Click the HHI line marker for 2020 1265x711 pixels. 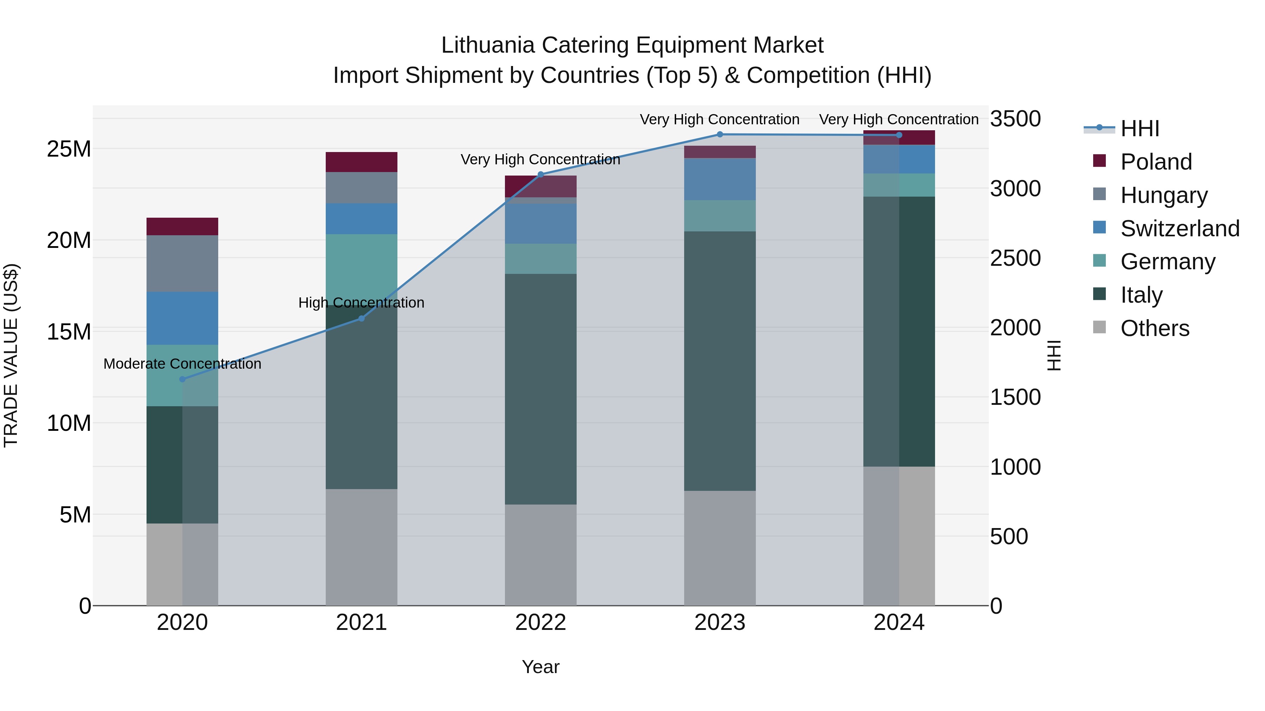point(182,379)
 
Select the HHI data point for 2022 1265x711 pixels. point(541,174)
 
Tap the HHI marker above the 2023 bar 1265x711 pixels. point(720,134)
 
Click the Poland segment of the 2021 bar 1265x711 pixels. point(362,162)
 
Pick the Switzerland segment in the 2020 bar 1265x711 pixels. point(182,318)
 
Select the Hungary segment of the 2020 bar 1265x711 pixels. point(182,263)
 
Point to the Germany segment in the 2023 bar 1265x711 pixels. point(720,216)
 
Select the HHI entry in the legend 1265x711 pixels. point(1139,129)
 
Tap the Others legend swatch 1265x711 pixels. point(1099,327)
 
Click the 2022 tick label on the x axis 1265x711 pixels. point(541,623)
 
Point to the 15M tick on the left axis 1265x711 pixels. point(69,332)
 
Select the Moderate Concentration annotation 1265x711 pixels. point(182,364)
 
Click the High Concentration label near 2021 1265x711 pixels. point(362,303)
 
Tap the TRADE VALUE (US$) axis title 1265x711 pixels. point(11,355)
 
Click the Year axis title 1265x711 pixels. point(541,667)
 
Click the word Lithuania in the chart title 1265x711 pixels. point(488,45)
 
